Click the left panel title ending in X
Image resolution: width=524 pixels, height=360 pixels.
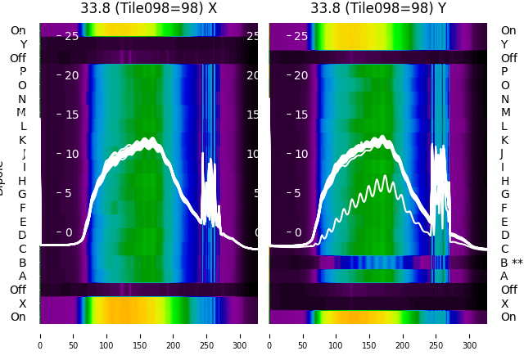pyautogui.click(x=149, y=8)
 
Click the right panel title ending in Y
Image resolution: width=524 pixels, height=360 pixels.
pyautogui.click(x=378, y=8)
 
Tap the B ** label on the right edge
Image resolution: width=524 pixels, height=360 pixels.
pyautogui.click(x=512, y=263)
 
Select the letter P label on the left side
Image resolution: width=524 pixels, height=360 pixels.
pyautogui.click(x=22, y=71)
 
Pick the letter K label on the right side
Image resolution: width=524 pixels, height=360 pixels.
pyautogui.click(x=504, y=140)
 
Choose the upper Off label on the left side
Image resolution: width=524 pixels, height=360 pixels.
pyautogui.click(x=18, y=58)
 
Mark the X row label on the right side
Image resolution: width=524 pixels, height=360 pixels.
pyautogui.click(x=504, y=304)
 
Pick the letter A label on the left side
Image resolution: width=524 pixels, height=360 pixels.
pyautogui.click(x=22, y=276)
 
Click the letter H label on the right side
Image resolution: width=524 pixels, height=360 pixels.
pyautogui.click(x=504, y=181)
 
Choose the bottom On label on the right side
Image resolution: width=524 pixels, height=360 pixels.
pyautogui.click(x=508, y=317)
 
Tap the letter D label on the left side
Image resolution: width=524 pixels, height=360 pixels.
pyautogui.click(x=22, y=235)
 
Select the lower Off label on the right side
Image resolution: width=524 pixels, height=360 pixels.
pyautogui.click(x=508, y=290)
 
